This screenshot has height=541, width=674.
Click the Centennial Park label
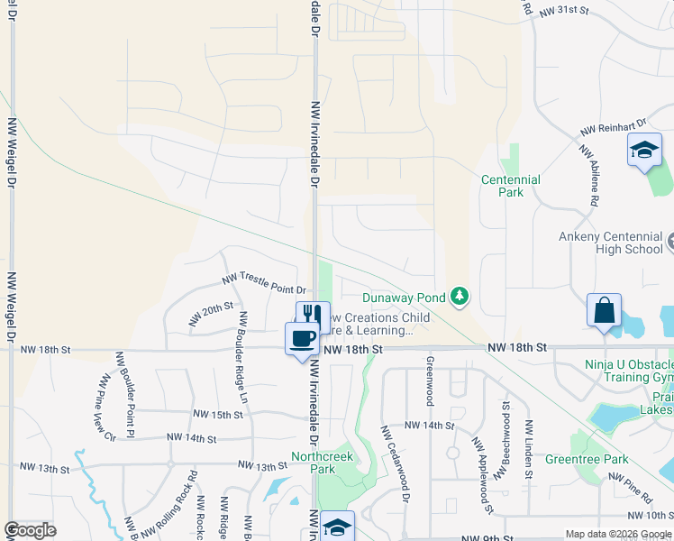point(510,186)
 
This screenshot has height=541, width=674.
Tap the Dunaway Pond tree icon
point(460,296)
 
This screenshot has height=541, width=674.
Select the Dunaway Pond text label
point(404,297)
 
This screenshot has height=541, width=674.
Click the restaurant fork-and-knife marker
point(313,315)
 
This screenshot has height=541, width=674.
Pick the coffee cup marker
point(302,339)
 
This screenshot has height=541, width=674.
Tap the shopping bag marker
point(604,310)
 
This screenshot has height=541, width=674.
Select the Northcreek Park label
point(322,463)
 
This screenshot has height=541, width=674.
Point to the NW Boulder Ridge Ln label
point(243,357)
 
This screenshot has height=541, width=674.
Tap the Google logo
point(30,530)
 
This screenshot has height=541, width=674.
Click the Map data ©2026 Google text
point(617,534)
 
